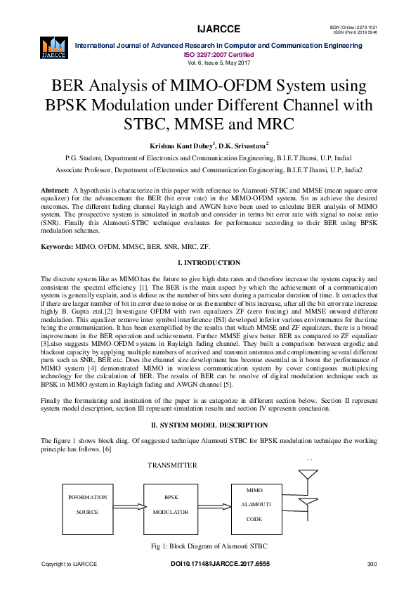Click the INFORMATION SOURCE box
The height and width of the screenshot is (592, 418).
88,505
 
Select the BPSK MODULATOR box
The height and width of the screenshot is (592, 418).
171,505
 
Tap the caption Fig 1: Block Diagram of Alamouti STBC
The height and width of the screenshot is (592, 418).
209,546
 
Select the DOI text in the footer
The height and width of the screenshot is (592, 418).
220,565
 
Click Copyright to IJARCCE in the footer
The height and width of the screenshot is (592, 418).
69,565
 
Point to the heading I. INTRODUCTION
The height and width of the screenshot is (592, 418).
209,263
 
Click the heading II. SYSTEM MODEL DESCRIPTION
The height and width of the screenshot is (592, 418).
209,425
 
